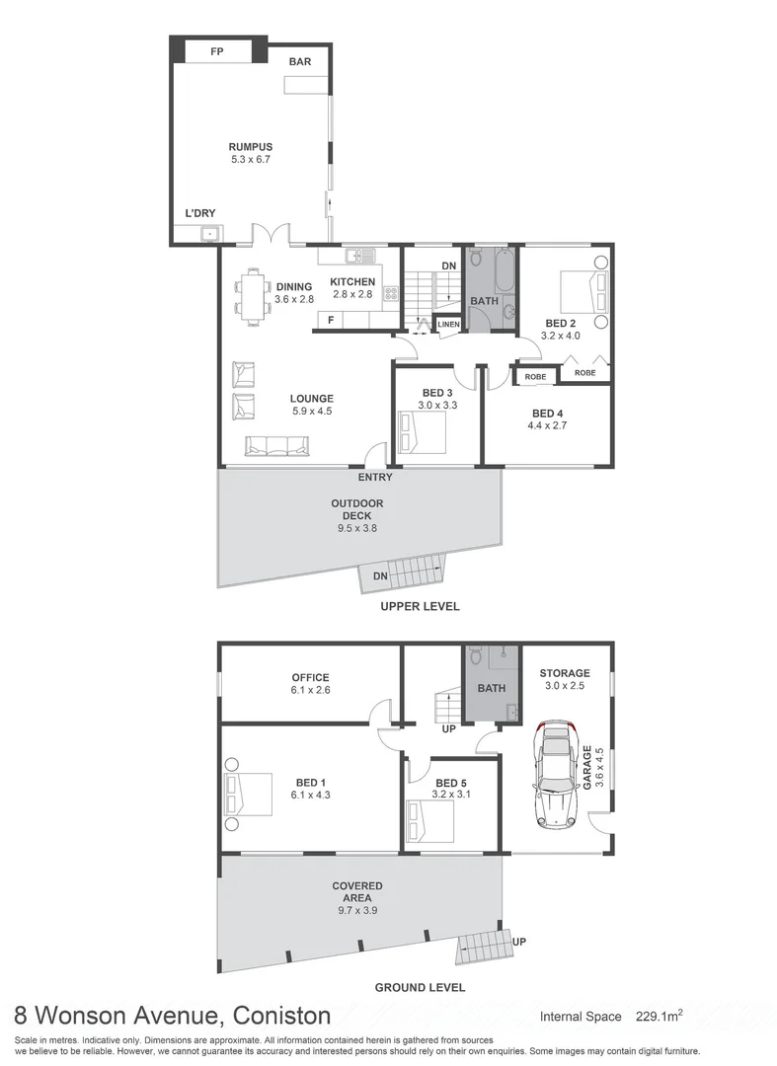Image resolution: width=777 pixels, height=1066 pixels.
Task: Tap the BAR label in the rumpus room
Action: (x=300, y=62)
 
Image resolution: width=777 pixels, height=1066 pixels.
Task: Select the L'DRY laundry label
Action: (x=199, y=212)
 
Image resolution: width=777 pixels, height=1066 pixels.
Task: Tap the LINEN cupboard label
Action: (x=448, y=324)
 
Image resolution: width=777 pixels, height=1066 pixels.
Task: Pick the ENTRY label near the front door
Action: (x=375, y=478)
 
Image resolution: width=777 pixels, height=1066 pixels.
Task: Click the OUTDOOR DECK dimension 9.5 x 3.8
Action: (x=356, y=529)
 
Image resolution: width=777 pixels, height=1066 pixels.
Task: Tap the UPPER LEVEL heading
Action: (x=420, y=607)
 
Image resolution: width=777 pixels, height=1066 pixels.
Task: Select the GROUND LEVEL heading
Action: (x=420, y=987)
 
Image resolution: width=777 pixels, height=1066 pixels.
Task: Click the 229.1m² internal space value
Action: (x=660, y=1016)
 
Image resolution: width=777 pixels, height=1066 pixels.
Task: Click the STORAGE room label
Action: (x=564, y=673)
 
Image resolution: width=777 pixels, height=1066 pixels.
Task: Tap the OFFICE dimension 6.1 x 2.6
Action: (x=310, y=690)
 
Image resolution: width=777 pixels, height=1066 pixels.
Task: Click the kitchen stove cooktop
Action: (x=390, y=293)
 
